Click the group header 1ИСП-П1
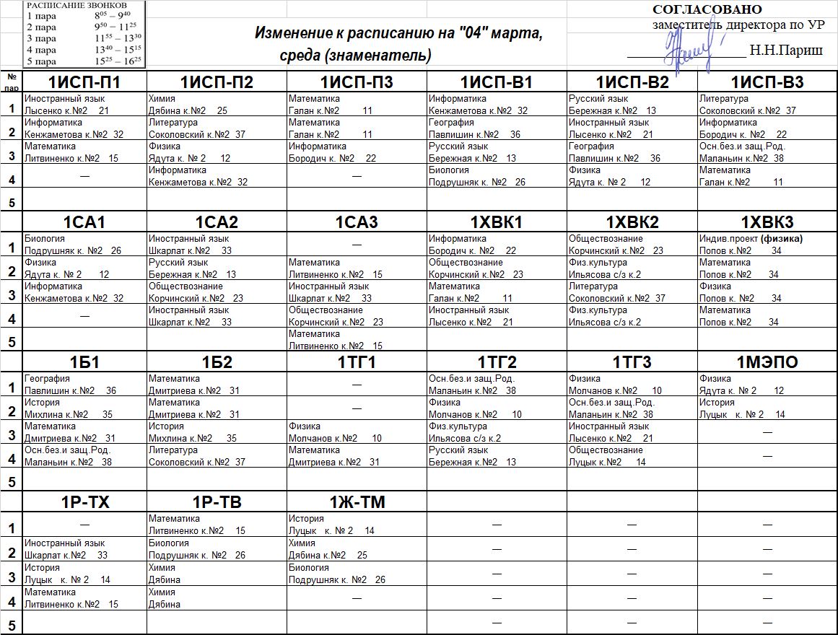click(x=84, y=82)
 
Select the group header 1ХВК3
click(x=767, y=222)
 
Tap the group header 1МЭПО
click(x=767, y=362)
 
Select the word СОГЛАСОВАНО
click(x=707, y=9)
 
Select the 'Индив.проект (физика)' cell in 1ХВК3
click(x=767, y=245)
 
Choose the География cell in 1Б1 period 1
click(x=84, y=385)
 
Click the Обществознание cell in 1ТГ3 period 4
click(x=632, y=456)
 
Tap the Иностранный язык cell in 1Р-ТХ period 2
click(x=84, y=549)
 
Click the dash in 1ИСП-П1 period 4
click(x=84, y=176)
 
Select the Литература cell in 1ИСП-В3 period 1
click(x=767, y=105)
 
